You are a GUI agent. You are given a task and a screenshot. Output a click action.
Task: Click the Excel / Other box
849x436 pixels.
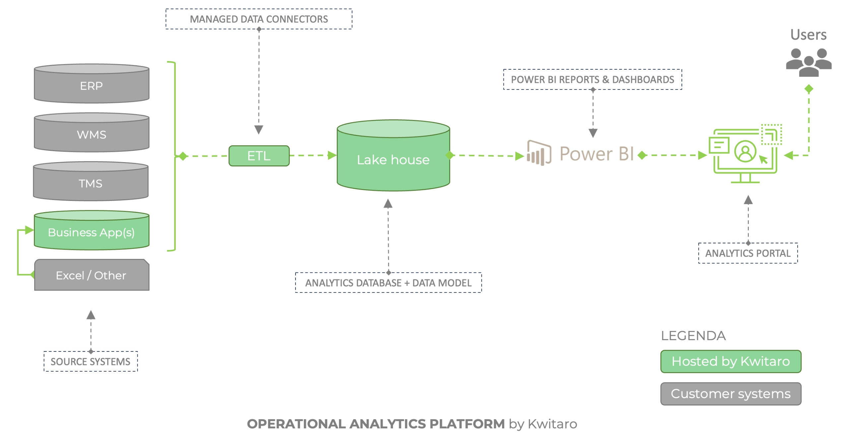coord(92,275)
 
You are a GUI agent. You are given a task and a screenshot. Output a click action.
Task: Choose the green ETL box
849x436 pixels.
coord(259,156)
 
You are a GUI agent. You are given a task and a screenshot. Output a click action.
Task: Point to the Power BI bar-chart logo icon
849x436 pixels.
coord(539,153)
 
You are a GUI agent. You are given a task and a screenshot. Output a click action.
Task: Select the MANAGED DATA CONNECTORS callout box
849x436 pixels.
coord(259,19)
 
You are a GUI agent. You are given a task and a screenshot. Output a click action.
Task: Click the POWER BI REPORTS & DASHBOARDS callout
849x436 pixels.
coord(592,80)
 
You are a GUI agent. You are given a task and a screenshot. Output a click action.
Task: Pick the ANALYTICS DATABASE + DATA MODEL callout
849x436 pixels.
coord(388,283)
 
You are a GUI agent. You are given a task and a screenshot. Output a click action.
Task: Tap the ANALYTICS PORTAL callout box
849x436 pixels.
coord(748,253)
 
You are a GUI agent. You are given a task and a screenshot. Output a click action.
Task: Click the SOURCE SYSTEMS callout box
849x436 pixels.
coord(91,361)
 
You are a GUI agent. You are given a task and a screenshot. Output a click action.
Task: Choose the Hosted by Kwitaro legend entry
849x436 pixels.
coord(731,361)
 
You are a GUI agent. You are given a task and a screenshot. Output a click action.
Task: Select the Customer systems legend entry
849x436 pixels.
coord(731,394)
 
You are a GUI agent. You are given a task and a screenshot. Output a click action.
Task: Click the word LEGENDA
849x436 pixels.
coord(693,336)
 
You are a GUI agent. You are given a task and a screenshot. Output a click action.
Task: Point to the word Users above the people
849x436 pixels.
coord(808,35)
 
